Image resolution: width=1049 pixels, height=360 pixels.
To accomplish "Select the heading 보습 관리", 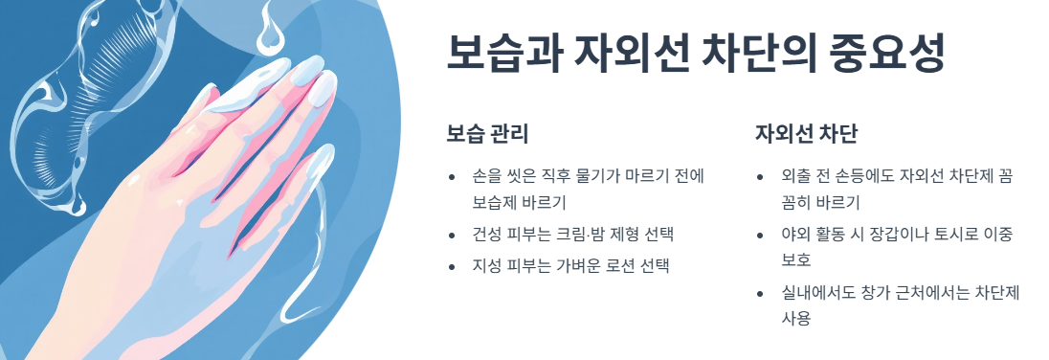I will [x=487, y=133].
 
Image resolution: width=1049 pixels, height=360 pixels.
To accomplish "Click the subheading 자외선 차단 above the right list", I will [x=806, y=133].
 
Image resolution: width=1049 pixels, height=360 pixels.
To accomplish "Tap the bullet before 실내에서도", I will [x=760, y=294].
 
